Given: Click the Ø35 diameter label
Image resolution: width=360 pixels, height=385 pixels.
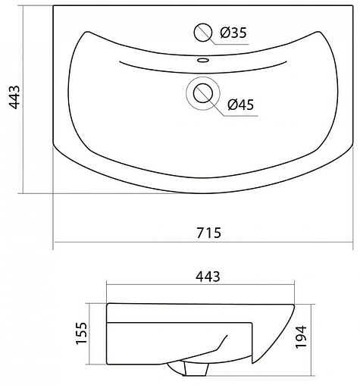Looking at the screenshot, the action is pyautogui.click(x=233, y=33).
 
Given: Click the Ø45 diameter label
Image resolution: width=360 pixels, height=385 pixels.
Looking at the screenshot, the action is pyautogui.click(x=240, y=105).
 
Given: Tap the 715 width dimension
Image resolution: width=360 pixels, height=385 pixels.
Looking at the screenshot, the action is pyautogui.click(x=208, y=233).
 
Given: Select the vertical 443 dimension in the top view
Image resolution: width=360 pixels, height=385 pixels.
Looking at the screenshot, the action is pyautogui.click(x=14, y=97).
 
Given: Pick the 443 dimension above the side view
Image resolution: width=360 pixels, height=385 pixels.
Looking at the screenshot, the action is pyautogui.click(x=208, y=277).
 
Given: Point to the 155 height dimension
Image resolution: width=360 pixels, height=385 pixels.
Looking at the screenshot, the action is pyautogui.click(x=81, y=333).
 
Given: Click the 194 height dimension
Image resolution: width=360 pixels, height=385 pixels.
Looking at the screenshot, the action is pyautogui.click(x=301, y=337).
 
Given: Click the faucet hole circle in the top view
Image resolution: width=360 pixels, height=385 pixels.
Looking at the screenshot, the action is pyautogui.click(x=202, y=33).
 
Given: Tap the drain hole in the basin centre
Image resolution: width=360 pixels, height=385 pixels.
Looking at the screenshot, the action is pyautogui.click(x=202, y=93).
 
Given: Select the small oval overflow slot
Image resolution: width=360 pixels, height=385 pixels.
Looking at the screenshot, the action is pyautogui.click(x=203, y=60).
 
